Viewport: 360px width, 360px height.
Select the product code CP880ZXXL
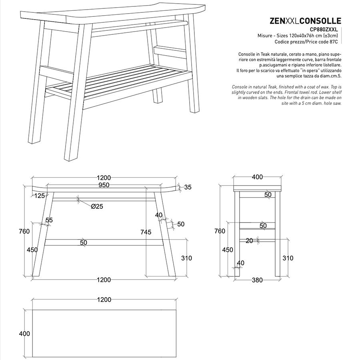(x=326, y=30)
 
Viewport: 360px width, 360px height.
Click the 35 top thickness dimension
(x=188, y=187)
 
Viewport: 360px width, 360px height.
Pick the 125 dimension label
(x=39, y=196)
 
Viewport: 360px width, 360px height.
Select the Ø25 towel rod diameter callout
(x=97, y=206)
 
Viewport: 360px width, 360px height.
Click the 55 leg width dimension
(x=49, y=220)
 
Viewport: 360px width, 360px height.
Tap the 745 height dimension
(x=146, y=232)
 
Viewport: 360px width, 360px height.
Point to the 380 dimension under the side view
(x=258, y=280)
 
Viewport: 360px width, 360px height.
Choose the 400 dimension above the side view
(x=258, y=177)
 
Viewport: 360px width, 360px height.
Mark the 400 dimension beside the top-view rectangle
(x=24, y=333)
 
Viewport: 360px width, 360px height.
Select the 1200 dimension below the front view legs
(x=104, y=280)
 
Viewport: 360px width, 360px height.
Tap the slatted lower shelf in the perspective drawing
(x=120, y=82)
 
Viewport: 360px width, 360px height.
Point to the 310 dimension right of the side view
(x=288, y=258)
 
